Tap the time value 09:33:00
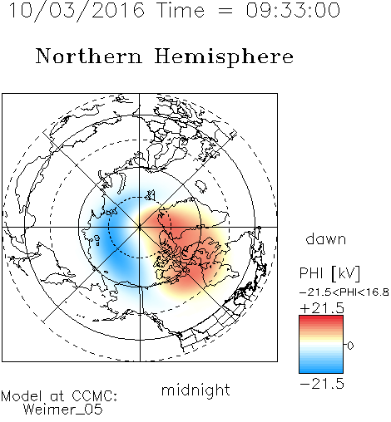293,10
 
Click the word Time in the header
181,10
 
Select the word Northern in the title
89,56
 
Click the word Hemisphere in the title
224,56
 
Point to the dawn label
326,238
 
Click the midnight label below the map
195,391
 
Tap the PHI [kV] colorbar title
329,273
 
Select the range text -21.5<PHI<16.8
344,292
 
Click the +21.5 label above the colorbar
322,308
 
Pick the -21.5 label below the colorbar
322,384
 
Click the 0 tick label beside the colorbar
350,346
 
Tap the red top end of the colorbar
321,317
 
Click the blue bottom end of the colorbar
321,370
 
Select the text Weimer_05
62,410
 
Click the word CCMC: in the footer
95,396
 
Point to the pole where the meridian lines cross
139,227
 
